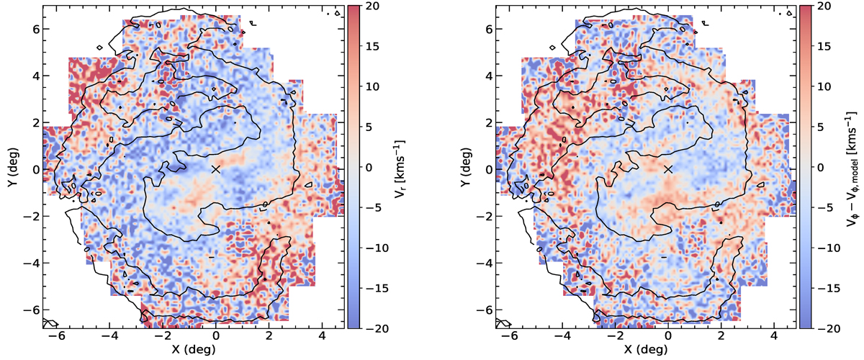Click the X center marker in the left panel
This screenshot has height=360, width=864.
coord(216,169)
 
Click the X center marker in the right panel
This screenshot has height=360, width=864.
coord(668,169)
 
